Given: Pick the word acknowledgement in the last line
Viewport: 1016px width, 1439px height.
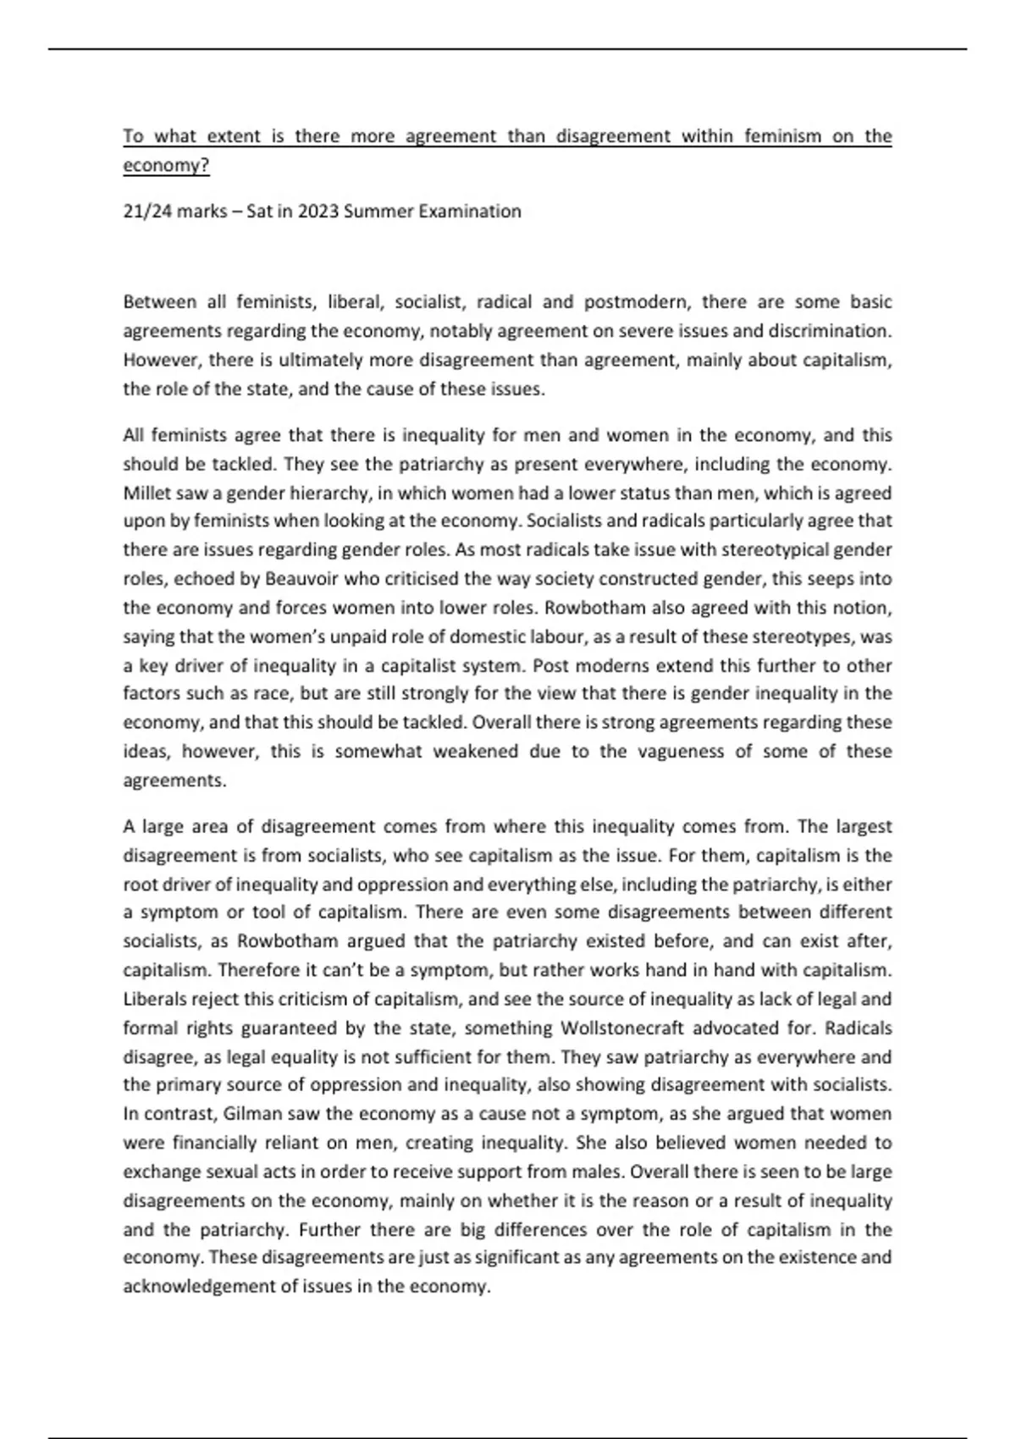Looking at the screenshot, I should tap(199, 1287).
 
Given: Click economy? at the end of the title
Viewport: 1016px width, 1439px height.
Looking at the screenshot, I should tap(166, 165).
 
